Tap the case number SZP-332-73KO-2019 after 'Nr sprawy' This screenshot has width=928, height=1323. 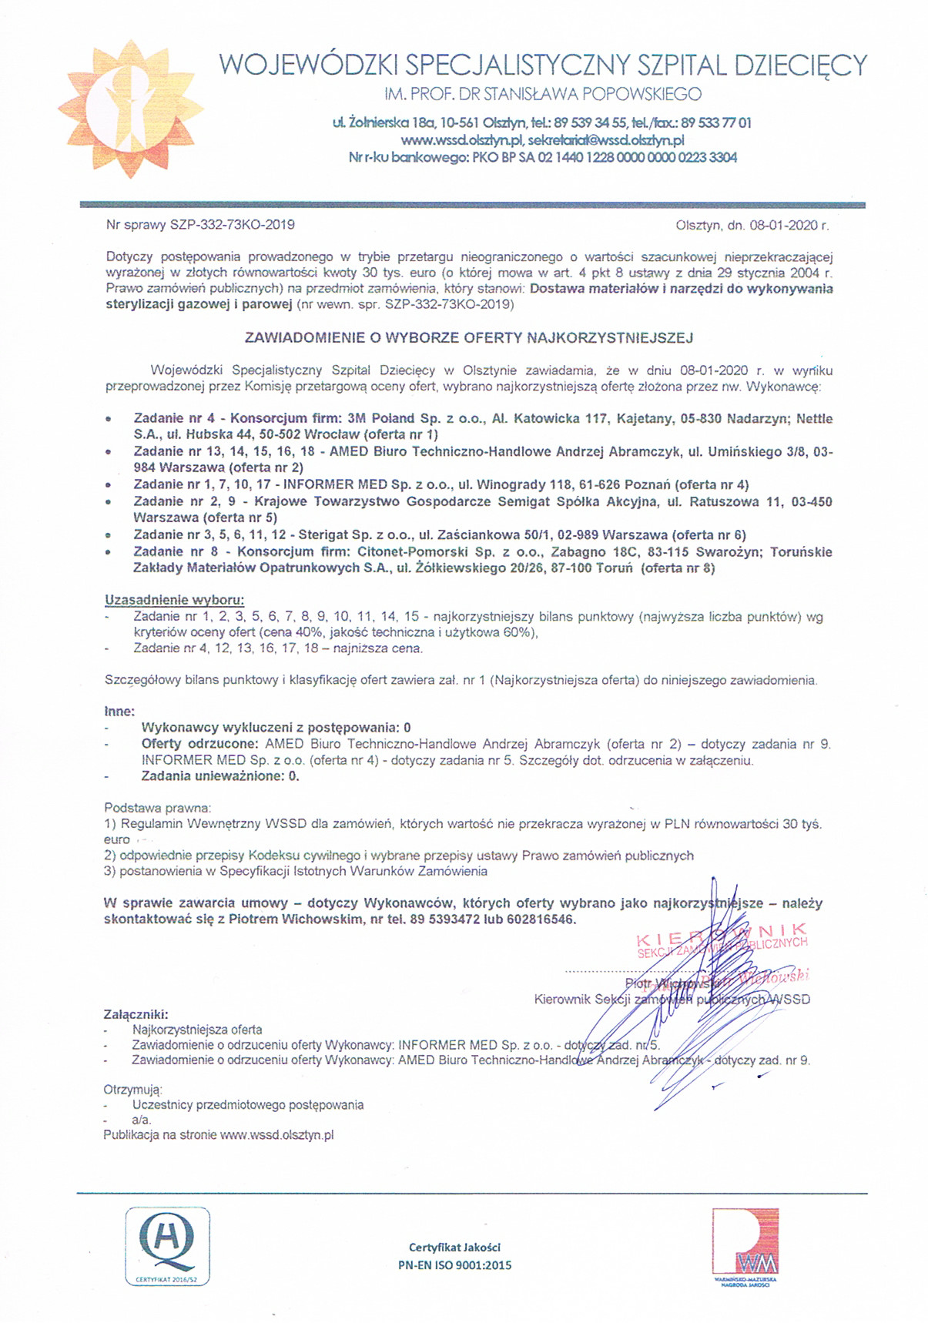coord(233,225)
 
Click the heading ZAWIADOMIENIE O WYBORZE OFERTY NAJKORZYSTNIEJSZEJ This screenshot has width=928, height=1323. coord(469,337)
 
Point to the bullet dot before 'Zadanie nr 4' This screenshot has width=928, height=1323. coord(109,420)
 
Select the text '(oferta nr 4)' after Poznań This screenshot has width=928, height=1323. coord(712,484)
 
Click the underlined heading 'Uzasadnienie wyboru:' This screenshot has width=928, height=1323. coord(174,600)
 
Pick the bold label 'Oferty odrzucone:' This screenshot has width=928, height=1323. coord(199,744)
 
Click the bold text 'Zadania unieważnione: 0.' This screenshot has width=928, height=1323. coord(220,776)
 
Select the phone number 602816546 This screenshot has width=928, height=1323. coord(538,919)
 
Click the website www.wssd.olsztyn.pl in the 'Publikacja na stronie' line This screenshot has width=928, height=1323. coord(276,1135)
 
